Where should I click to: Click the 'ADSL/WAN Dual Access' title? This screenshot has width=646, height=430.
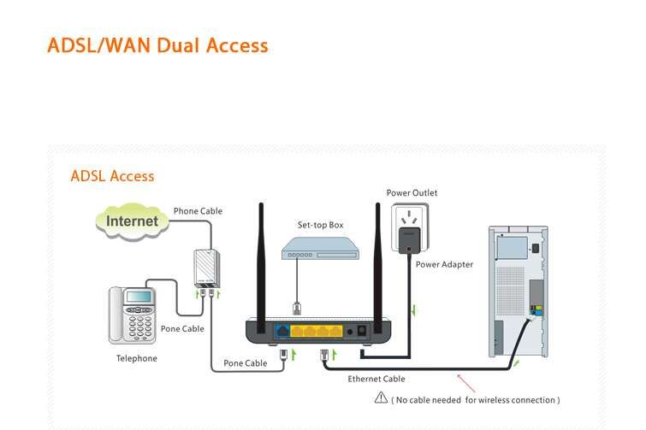pos(157,45)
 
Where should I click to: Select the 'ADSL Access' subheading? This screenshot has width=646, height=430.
pos(112,176)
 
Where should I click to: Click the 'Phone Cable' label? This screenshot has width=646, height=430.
pos(198,211)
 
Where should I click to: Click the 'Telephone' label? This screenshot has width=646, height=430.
pos(137,358)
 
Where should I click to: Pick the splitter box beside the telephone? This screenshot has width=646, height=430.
pos(205,268)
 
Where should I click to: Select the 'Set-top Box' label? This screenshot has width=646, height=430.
pos(320,225)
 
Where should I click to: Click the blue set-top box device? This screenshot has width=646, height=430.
pos(322,249)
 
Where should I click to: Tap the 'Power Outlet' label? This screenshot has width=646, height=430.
pos(412,193)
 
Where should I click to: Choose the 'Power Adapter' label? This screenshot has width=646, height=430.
pos(444,264)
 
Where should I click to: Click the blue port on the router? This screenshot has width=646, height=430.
pos(282,330)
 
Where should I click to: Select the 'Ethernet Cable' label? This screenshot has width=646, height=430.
pos(376,379)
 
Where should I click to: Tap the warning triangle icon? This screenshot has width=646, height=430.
pos(382,398)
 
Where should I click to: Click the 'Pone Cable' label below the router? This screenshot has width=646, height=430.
pos(246,363)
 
